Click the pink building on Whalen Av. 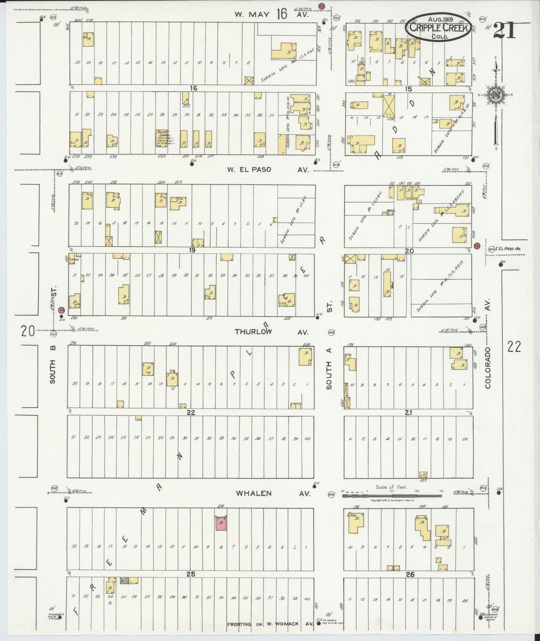point(221,524)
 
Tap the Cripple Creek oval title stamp point(438,27)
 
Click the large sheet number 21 point(504,30)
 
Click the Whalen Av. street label point(273,494)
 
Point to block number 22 point(191,412)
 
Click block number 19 point(192,251)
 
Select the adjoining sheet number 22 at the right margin point(514,347)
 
